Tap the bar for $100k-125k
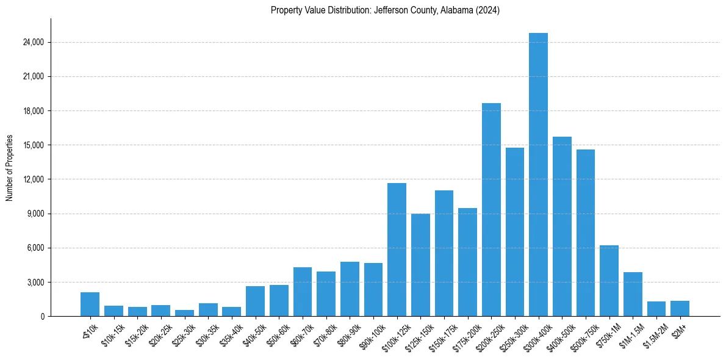click(x=397, y=250)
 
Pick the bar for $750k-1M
click(x=609, y=281)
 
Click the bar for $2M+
click(x=680, y=309)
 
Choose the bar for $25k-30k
click(x=184, y=313)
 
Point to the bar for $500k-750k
click(x=586, y=232)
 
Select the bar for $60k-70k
click(x=303, y=292)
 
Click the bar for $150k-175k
click(x=444, y=253)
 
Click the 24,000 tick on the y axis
click(x=33, y=43)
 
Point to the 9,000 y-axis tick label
click(x=35, y=214)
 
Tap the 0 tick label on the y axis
click(x=42, y=317)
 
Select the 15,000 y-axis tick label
click(x=33, y=145)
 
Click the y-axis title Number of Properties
click(x=9, y=167)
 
